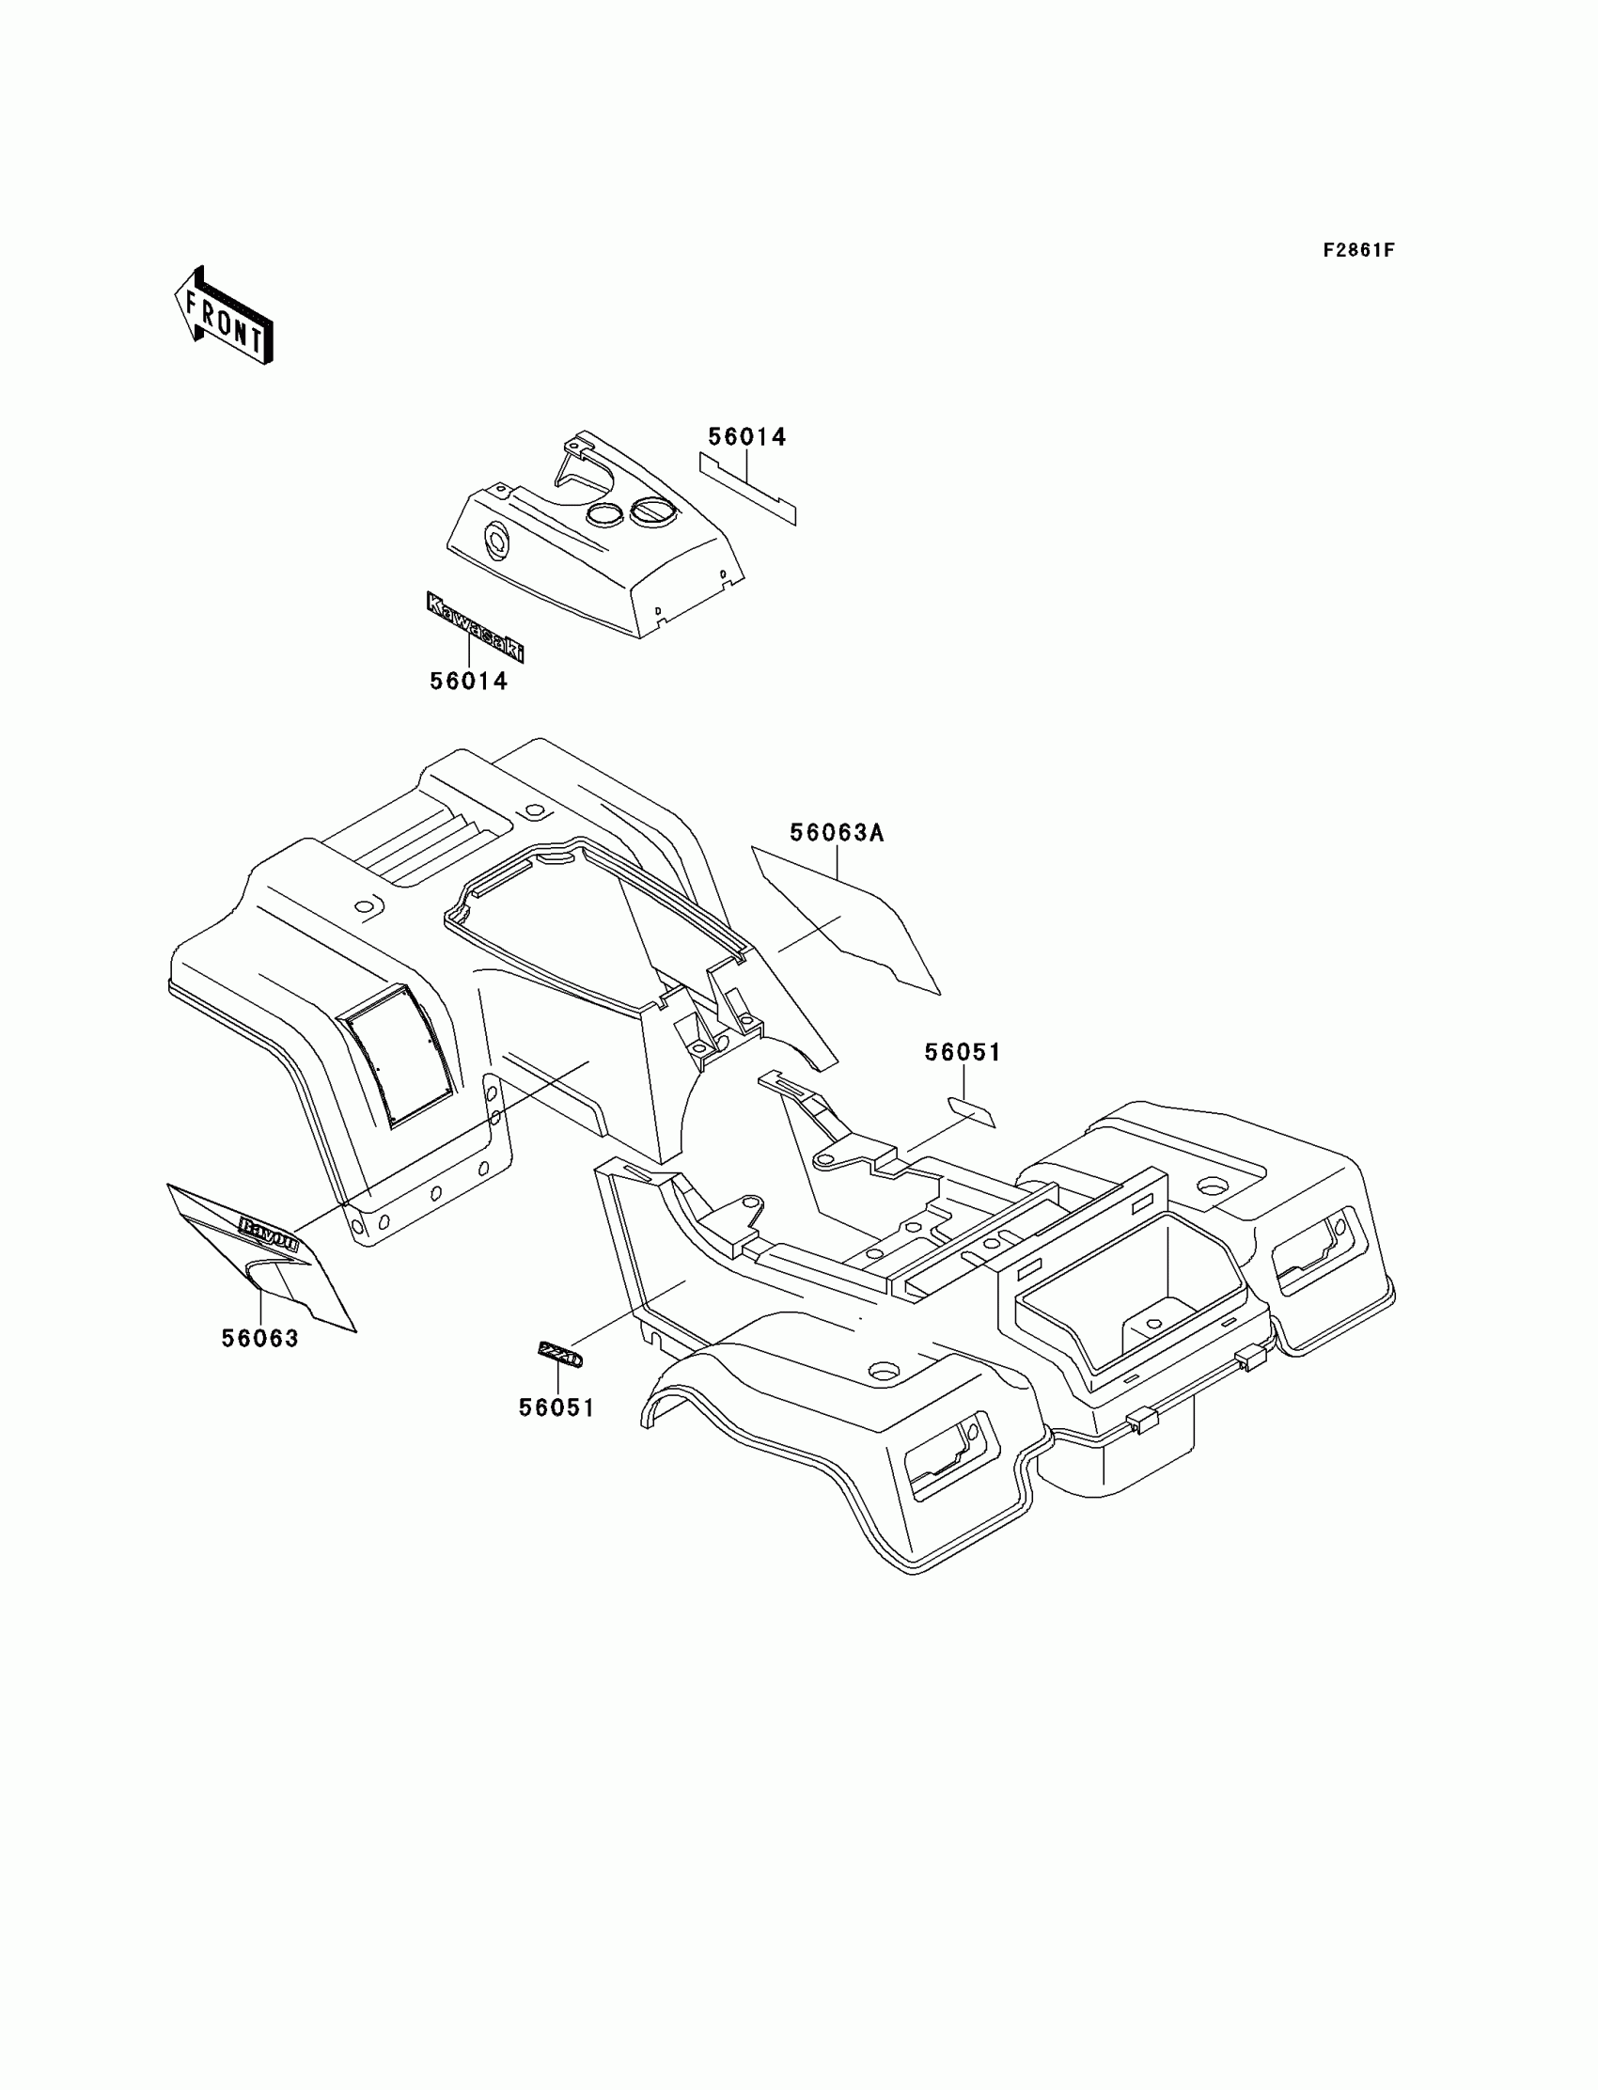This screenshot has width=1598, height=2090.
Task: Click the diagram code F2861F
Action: pos(1357,250)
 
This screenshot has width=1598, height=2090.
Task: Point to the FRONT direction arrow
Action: pos(225,316)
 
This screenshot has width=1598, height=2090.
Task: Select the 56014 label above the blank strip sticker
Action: pos(746,436)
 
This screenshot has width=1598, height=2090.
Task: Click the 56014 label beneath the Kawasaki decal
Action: pos(468,681)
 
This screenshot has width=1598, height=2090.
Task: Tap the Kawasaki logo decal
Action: pos(475,627)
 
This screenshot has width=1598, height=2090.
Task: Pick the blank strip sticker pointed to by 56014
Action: pos(747,488)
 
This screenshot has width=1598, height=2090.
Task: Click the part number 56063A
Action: pos(836,833)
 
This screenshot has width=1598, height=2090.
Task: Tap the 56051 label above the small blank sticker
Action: pos(963,1052)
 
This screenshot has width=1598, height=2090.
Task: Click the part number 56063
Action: pos(259,1339)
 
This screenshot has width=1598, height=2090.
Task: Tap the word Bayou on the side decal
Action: pos(269,1234)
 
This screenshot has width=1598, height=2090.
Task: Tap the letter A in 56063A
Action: pos(875,833)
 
